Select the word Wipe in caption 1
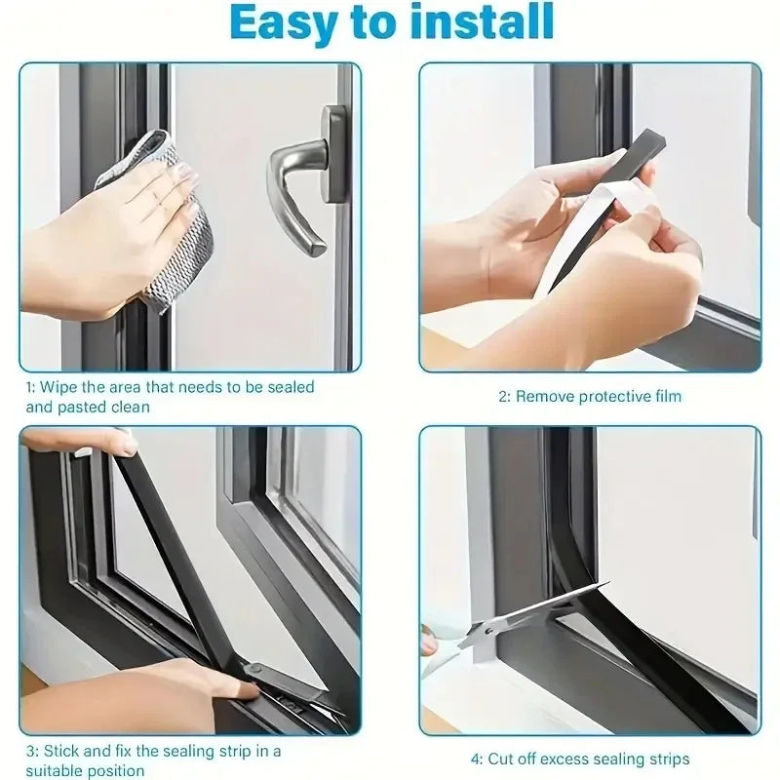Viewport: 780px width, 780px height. (x=59, y=387)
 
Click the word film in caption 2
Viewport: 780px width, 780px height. (x=663, y=396)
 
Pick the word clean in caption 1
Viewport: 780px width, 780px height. (x=131, y=407)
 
